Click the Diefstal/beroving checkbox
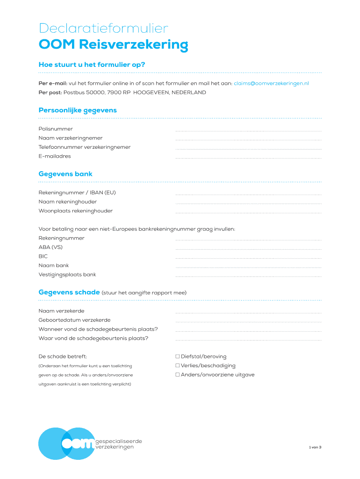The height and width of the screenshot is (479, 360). coord(178,357)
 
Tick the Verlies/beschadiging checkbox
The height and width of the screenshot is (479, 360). coord(178,366)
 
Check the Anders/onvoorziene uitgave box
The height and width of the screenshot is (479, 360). coord(178,375)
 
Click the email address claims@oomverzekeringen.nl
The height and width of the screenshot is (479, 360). coord(271,83)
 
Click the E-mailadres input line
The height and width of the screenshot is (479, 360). coord(248,158)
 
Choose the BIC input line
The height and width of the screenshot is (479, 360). coord(248,258)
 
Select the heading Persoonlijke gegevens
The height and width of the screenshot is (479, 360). coord(78,110)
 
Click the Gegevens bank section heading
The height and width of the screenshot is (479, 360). coord(65,174)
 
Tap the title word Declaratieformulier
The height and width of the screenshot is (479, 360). coord(103,29)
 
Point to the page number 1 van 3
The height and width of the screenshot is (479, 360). coord(315,447)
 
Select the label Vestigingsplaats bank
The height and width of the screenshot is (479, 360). coord(67,275)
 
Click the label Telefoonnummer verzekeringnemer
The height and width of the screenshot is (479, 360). coord(85,147)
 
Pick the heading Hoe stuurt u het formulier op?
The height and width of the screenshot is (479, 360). coord(92,65)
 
